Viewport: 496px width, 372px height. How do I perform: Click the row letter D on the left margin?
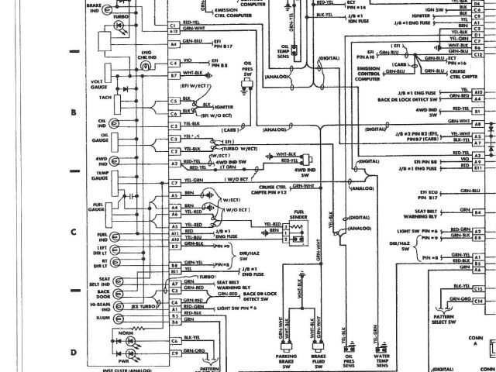pyautogui.click(x=73, y=353)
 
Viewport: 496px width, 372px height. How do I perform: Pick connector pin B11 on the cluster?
pyautogui.click(x=174, y=265)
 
